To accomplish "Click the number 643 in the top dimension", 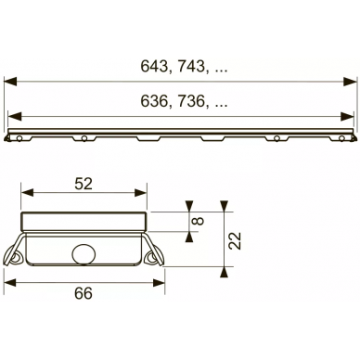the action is coord(153,66).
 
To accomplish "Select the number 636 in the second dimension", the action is coord(153,101).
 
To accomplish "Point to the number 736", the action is coord(190,101).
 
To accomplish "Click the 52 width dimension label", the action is coord(84,184).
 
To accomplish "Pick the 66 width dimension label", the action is coord(84,293).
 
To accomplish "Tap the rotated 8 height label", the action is coord(199,221).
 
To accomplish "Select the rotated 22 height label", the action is coord(236,240).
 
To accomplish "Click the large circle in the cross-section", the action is coord(84,255).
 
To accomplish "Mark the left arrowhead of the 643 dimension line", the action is coord(10,82).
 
